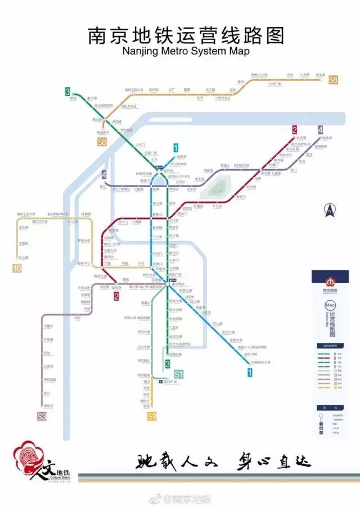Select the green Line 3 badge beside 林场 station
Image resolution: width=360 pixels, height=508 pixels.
click(67, 91)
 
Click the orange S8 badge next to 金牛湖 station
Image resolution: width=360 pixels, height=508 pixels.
click(333, 80)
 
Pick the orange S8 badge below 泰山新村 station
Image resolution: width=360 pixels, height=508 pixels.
click(102, 142)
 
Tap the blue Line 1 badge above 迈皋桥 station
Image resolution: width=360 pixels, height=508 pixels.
click(176, 148)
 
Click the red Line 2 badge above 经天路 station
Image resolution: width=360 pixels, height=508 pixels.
click(294, 130)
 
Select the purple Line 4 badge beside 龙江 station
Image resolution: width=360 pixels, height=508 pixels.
click(104, 175)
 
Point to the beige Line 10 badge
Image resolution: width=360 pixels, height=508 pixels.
click(17, 269)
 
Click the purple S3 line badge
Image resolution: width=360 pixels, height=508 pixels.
click(42, 416)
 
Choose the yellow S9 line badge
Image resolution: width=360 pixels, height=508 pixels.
click(151, 416)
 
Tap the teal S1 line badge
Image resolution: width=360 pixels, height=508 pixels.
click(179, 373)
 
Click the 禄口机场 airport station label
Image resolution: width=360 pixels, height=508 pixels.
click(170, 382)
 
